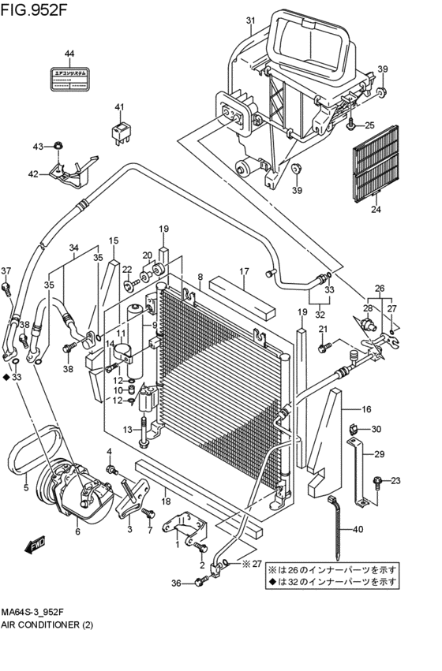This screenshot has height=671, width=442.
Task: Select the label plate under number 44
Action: (69, 79)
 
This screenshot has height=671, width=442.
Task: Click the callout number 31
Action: (250, 21)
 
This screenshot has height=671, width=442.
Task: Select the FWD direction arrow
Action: (36, 545)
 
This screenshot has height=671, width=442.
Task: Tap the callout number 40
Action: (358, 530)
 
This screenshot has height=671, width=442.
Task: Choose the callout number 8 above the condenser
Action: (200, 277)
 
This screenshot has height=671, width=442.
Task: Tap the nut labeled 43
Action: (59, 146)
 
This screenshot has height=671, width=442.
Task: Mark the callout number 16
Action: (366, 409)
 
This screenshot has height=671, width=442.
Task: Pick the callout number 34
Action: (74, 248)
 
